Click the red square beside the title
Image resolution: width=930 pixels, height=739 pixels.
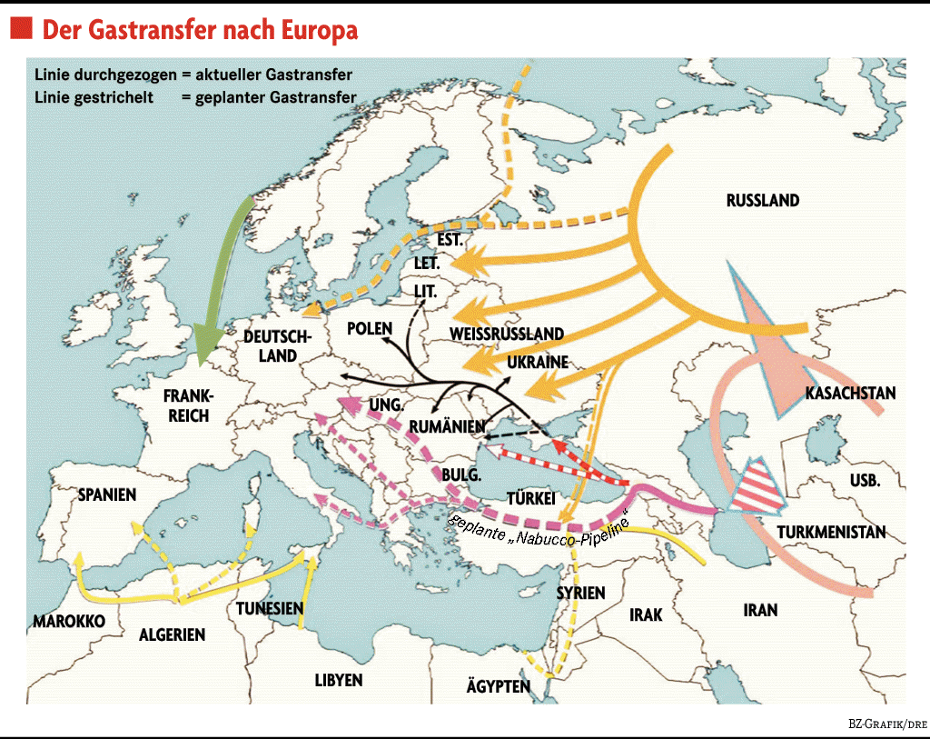(22, 29)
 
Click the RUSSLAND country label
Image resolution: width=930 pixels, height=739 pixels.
(763, 201)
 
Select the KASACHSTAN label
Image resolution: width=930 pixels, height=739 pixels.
(850, 394)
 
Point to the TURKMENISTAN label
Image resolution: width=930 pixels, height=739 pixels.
(831, 533)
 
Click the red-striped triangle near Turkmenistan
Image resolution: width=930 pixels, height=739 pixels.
(760, 490)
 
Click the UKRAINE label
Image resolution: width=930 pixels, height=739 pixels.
(538, 362)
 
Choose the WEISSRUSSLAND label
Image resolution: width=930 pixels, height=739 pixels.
(507, 334)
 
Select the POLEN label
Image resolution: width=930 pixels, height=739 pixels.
(370, 328)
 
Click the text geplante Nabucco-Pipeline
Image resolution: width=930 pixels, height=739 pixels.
(539, 524)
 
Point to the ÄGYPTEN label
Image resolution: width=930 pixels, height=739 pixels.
(498, 686)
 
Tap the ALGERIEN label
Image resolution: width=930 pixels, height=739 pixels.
(172, 635)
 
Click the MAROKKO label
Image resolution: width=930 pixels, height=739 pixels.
(69, 621)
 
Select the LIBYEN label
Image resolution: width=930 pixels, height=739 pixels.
(339, 680)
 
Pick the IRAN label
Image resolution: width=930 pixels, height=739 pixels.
(760, 610)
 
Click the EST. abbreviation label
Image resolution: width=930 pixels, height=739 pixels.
(450, 241)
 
